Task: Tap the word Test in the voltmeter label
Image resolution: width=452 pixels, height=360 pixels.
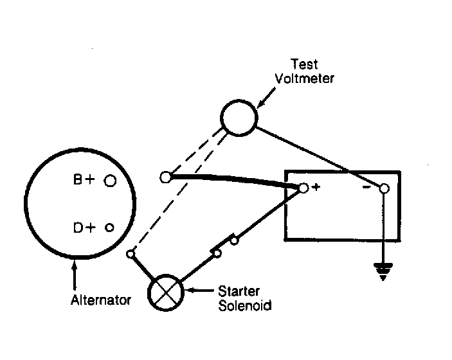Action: point(304,64)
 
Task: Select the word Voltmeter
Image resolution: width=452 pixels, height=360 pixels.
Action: point(304,78)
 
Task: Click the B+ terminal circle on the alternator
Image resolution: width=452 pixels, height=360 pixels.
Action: point(110,181)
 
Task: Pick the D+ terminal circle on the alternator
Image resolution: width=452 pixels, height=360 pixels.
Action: point(109,228)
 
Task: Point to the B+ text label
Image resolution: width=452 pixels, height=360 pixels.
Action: point(84,179)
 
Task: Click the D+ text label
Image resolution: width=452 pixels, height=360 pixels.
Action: point(84,228)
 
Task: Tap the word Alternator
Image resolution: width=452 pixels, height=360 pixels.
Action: point(101,300)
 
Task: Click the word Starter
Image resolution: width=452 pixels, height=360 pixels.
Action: point(239,291)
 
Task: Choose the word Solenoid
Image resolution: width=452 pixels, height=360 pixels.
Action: point(245,305)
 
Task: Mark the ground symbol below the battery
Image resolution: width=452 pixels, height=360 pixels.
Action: point(383,271)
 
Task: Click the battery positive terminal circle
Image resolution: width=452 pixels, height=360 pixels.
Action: point(303,188)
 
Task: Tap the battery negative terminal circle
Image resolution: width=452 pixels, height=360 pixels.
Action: point(384,188)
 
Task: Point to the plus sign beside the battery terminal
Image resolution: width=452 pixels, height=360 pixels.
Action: point(316,187)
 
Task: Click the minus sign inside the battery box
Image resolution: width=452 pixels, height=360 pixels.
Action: point(366,188)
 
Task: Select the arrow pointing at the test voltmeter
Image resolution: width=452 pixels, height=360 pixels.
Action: point(266,98)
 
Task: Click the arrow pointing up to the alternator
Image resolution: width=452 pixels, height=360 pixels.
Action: point(75,274)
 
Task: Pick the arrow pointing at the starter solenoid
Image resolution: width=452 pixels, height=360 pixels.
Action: point(199,290)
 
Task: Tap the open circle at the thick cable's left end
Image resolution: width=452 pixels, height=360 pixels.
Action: point(165,177)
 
